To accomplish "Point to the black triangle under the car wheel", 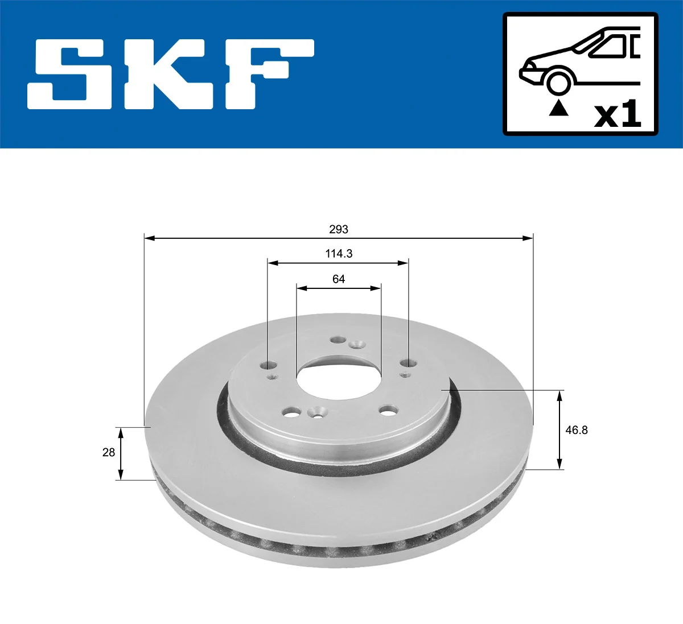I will tap(558, 108).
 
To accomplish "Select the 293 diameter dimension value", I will tap(338, 229).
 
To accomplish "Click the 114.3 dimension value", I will tap(339, 254).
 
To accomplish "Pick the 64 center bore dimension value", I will tap(339, 279).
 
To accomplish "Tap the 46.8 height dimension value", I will tap(576, 430).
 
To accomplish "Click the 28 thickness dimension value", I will tap(108, 452).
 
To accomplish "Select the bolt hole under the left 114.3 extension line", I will tap(269, 365).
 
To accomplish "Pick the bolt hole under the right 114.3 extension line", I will tap(407, 363).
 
